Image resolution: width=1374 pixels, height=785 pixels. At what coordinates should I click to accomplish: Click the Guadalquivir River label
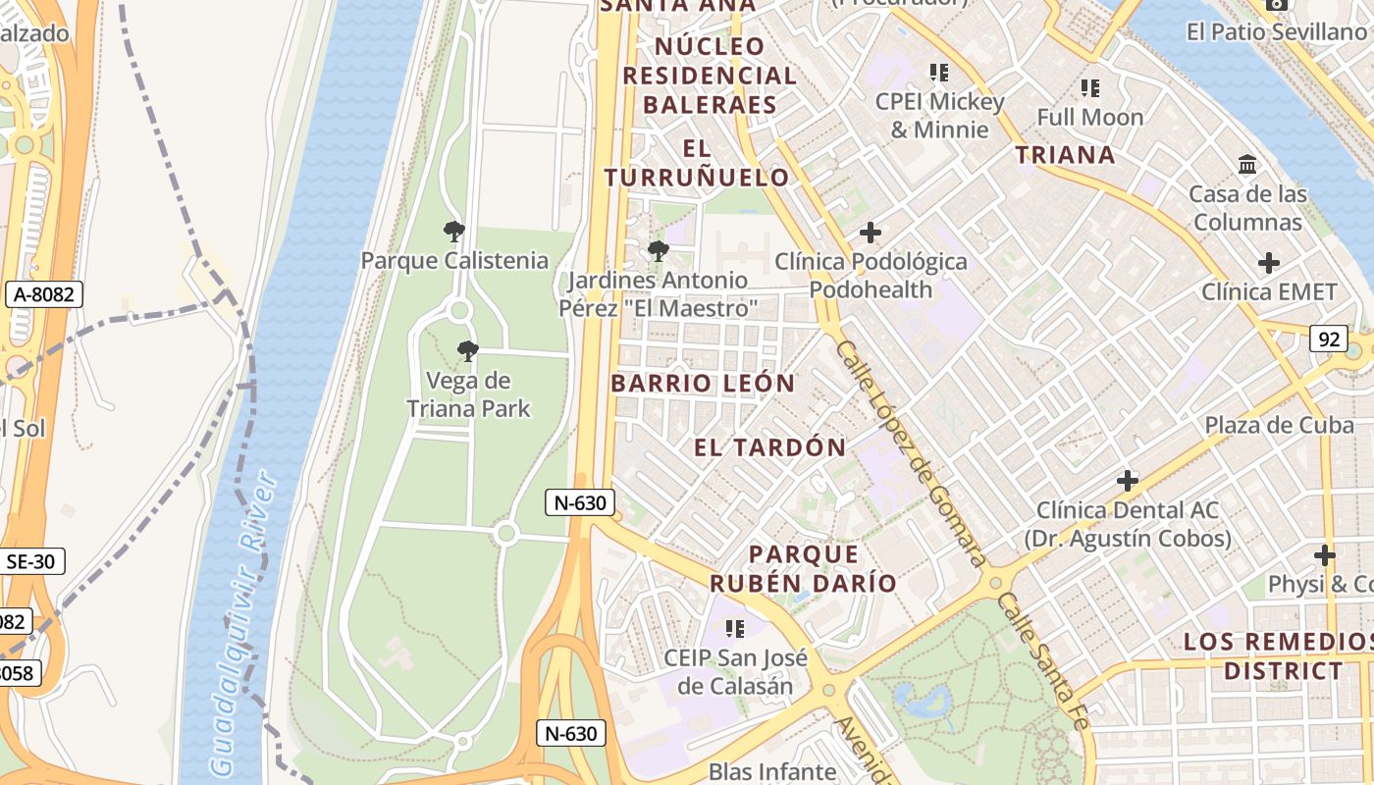pyautogui.click(x=240, y=623)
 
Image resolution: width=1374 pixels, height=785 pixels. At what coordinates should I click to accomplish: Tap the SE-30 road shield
pyautogui.click(x=32, y=561)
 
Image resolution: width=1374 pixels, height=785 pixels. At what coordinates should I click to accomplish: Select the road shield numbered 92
pyautogui.click(x=1329, y=340)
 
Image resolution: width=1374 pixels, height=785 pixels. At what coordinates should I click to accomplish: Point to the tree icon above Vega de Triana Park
pyautogui.click(x=468, y=351)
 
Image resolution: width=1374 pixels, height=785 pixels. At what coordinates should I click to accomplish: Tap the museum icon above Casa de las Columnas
pyautogui.click(x=1247, y=165)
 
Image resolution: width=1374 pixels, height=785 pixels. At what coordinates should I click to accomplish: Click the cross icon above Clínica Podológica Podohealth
pyautogui.click(x=870, y=234)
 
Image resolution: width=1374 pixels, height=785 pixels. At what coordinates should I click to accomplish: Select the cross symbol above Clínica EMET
pyautogui.click(x=1269, y=263)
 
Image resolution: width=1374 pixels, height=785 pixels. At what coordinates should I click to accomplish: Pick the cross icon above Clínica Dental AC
pyautogui.click(x=1128, y=481)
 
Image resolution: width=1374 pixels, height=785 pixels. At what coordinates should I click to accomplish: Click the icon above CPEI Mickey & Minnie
pyautogui.click(x=939, y=73)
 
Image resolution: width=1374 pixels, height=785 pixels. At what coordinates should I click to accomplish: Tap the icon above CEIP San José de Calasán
pyautogui.click(x=733, y=628)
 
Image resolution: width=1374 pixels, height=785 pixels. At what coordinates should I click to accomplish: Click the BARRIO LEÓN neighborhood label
pyautogui.click(x=703, y=384)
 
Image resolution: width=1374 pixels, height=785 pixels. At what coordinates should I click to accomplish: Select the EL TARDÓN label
pyautogui.click(x=770, y=448)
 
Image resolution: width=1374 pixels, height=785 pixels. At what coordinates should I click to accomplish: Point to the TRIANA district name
pyautogui.click(x=1065, y=155)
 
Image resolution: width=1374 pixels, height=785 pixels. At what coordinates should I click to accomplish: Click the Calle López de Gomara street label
pyautogui.click(x=910, y=453)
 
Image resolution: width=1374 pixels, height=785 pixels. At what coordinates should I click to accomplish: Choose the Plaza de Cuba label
pyautogui.click(x=1279, y=426)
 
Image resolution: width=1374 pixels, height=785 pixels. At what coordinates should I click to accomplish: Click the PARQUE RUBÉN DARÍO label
pyautogui.click(x=804, y=569)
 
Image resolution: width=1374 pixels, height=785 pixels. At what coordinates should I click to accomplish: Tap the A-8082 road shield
pyautogui.click(x=43, y=294)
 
